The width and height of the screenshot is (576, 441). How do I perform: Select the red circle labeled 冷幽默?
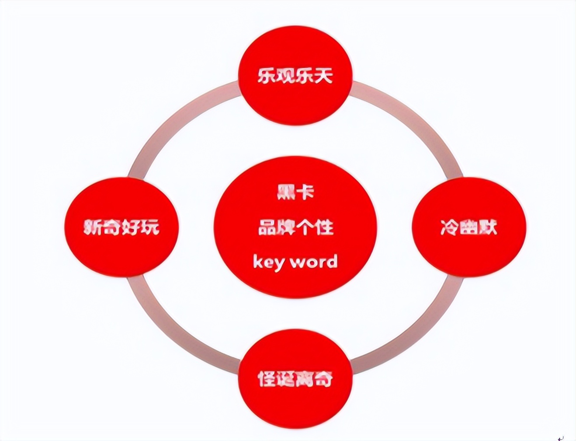point(468,227)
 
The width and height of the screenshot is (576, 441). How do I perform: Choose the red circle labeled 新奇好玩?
point(121,227)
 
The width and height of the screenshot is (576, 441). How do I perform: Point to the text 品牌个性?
point(295,227)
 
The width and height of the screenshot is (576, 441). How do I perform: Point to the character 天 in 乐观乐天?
point(323,75)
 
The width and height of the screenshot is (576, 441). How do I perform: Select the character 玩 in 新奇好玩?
point(150,227)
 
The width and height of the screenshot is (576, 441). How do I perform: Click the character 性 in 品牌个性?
point(325,227)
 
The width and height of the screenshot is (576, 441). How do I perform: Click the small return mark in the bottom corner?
point(561,436)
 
